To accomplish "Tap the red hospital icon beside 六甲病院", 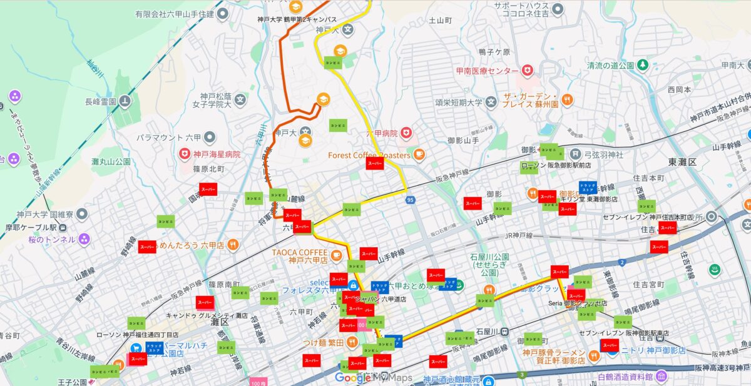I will click(x=407, y=133).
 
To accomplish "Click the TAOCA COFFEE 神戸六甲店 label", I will click(x=300, y=256).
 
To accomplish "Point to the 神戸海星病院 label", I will click(x=217, y=154).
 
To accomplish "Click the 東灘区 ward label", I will click(x=682, y=162).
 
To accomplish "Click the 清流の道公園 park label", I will click(x=611, y=65).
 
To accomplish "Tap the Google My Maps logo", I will click(x=374, y=377).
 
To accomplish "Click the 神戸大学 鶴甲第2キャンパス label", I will click(x=297, y=19).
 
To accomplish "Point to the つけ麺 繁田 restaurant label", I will click(x=322, y=343).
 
